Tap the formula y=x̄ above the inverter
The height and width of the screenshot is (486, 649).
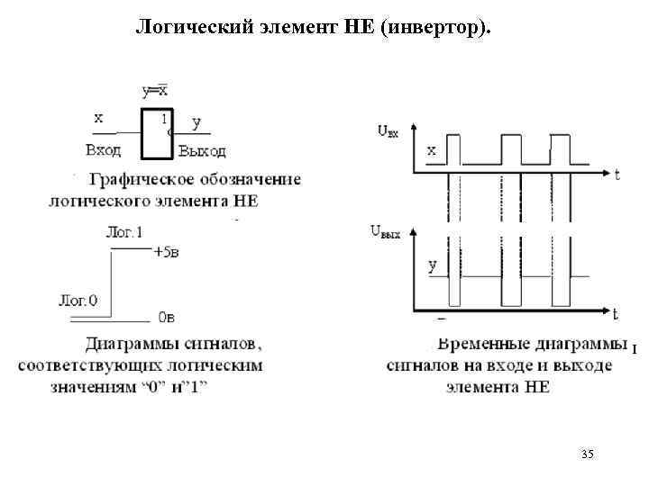(154, 91)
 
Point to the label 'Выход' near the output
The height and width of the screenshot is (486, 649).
(202, 150)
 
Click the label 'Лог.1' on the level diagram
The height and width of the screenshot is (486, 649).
(124, 232)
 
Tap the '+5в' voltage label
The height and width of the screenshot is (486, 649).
(166, 253)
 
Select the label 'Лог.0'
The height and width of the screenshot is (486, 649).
(78, 300)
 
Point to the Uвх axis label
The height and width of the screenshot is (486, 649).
(387, 131)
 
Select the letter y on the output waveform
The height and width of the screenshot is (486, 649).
(433, 265)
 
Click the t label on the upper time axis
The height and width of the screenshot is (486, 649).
(617, 175)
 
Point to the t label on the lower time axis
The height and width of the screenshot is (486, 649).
(615, 314)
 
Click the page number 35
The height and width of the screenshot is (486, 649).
(588, 454)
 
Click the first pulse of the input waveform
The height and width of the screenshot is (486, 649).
(452, 148)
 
